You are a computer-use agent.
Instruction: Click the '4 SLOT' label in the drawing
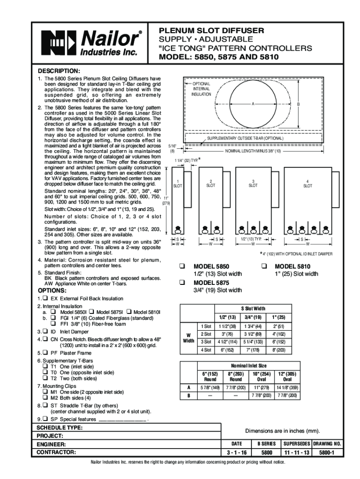click(x=307, y=183)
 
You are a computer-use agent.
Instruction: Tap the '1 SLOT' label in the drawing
click(x=178, y=183)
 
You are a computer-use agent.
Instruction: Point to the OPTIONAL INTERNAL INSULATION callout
click(x=202, y=89)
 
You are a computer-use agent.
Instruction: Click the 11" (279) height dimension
click(x=166, y=201)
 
